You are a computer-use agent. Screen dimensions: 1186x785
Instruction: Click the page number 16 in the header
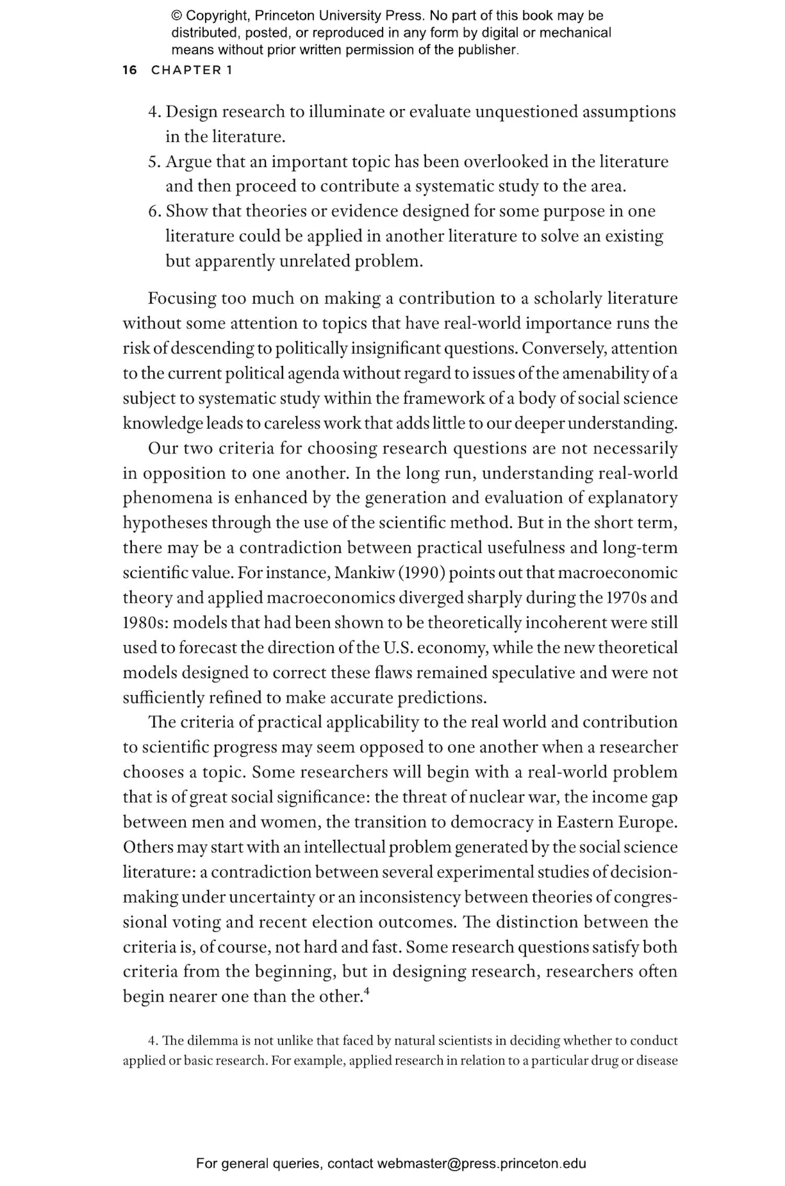click(129, 70)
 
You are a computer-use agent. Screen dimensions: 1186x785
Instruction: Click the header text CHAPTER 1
click(192, 70)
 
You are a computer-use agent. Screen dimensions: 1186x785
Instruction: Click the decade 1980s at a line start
click(144, 623)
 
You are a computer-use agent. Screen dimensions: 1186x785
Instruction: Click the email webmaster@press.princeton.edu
click(481, 1163)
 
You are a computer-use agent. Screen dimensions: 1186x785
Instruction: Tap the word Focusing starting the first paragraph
click(182, 298)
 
